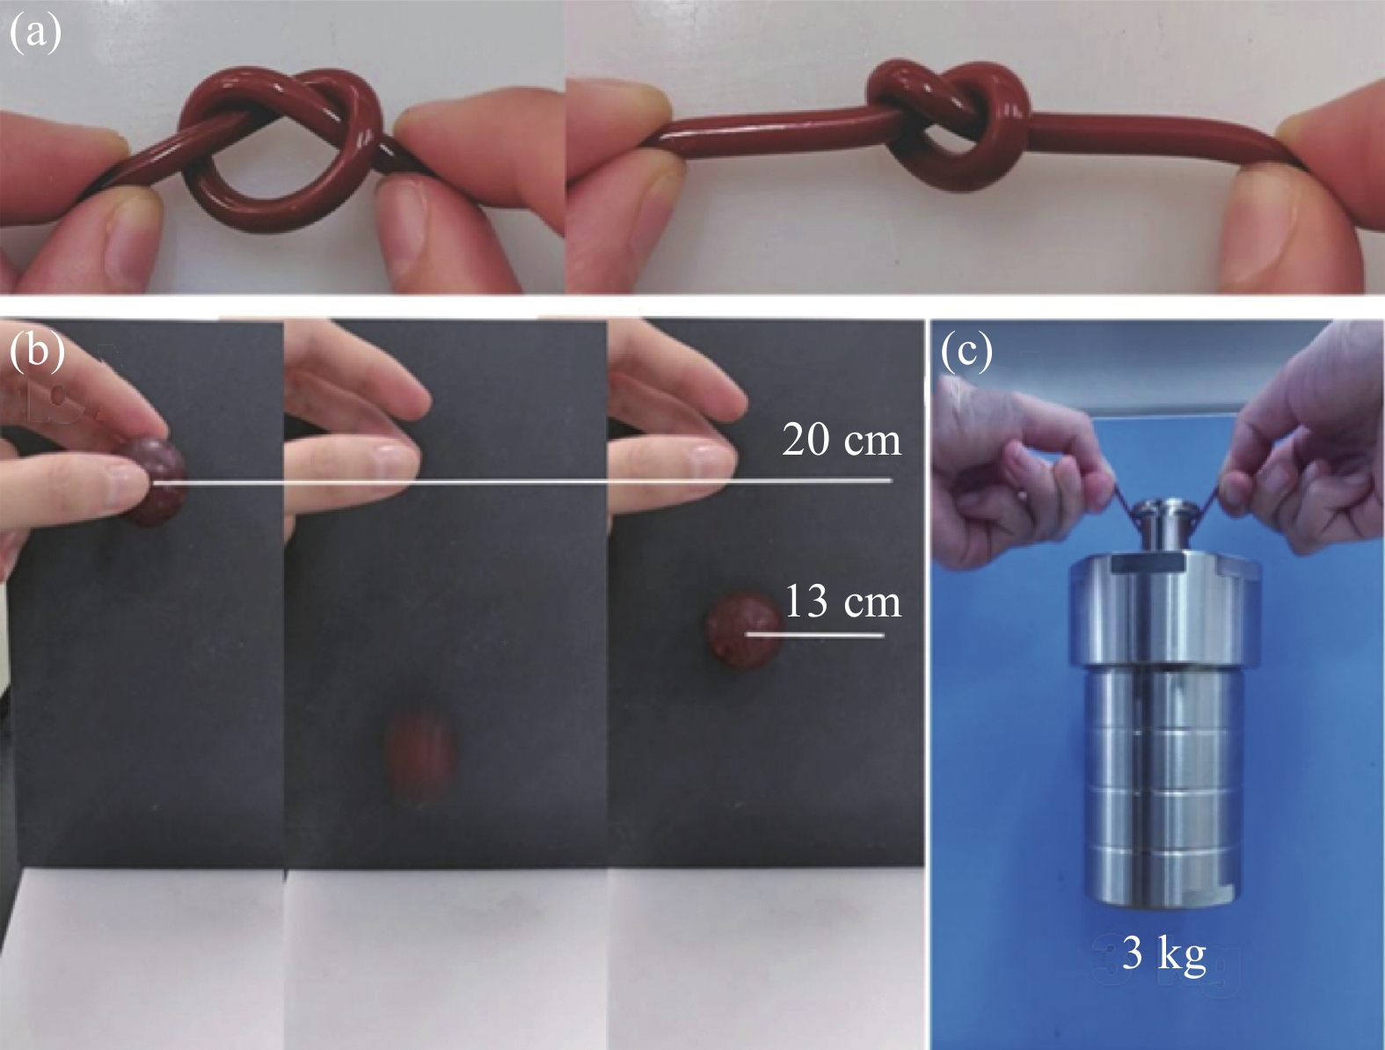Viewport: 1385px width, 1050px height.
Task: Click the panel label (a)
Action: coord(35,33)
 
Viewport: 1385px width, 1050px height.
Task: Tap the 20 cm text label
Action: coord(841,439)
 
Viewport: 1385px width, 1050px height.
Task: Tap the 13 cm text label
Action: coord(843,602)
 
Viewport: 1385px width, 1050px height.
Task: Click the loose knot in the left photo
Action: coord(281,145)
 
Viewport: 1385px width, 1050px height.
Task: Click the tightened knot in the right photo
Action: coord(947,123)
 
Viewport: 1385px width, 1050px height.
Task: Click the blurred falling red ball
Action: coord(417,760)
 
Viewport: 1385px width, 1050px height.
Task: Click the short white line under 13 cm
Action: coord(814,635)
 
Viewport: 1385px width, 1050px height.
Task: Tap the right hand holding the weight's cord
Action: coord(1305,441)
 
